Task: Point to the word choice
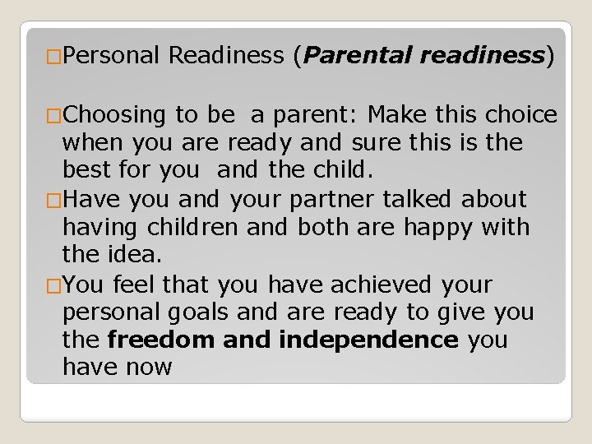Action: point(521,115)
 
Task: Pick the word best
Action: point(88,172)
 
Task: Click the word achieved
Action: point(381,285)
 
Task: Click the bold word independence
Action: point(369,340)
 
